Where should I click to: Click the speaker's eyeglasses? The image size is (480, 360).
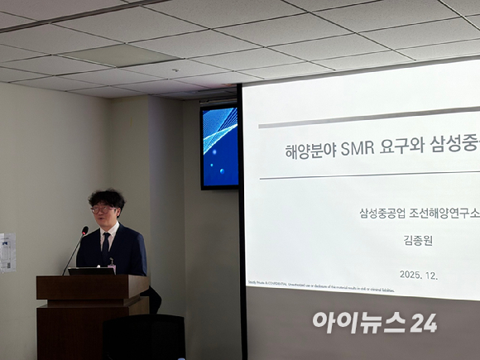coord(103,210)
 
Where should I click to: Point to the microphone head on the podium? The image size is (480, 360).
coord(84,231)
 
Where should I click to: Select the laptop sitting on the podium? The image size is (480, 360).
coord(91,270)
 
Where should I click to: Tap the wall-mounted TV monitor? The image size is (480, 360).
coord(219,146)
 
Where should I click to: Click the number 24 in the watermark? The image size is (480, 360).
coord(423,323)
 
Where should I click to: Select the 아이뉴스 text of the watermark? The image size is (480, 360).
coord(360,323)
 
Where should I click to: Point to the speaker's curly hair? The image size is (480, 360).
coord(107,198)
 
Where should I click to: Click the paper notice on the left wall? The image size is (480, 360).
coord(7,252)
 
